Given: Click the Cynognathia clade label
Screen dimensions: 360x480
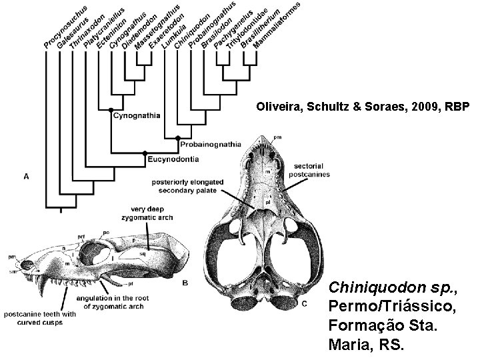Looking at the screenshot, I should click(137, 115).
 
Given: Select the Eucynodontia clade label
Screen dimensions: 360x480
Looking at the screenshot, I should click(174, 159).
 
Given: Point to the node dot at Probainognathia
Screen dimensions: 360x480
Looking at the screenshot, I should click(178, 138).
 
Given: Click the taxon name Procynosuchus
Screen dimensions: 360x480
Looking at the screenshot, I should click(64, 27).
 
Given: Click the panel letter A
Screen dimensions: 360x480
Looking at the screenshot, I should click(26, 177).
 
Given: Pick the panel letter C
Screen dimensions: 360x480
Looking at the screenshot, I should click(305, 305).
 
